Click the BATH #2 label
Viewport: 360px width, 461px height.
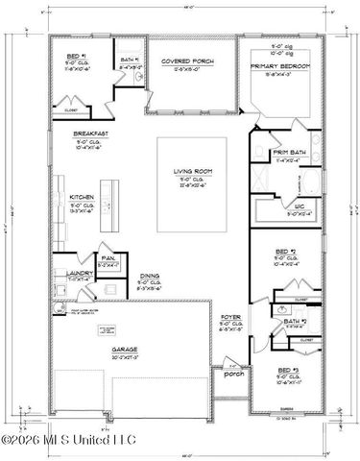pyautogui.click(x=295, y=322)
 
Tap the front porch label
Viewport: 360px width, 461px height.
pyautogui.click(x=232, y=375)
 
